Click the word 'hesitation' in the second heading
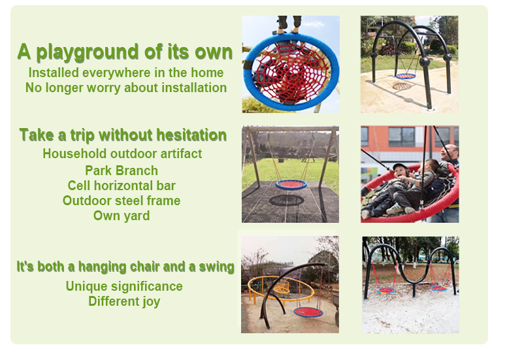pyautogui.click(x=191, y=135)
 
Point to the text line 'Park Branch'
pyautogui.click(x=122, y=171)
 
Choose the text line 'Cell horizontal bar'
pyautogui.click(x=122, y=186)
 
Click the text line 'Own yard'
pyautogui.click(x=122, y=216)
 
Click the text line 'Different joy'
pyautogui.click(x=124, y=302)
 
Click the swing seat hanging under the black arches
pyautogui.click(x=406, y=76)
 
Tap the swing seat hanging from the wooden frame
pyautogui.click(x=291, y=184)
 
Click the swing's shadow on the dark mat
pyautogui.click(x=286, y=201)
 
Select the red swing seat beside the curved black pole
pyautogui.click(x=308, y=312)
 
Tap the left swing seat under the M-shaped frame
pyautogui.click(x=386, y=291)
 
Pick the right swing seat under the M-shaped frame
pyautogui.click(x=439, y=289)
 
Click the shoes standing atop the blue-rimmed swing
pyautogui.click(x=289, y=23)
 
